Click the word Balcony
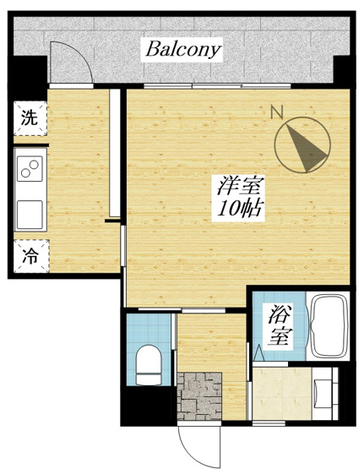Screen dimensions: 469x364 pos(183,49)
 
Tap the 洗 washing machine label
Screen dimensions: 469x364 pos(30,118)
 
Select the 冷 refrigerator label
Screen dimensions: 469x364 pos(30,254)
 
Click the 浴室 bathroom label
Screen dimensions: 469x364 pos(277,327)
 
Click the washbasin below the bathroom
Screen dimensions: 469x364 pos(324,391)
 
